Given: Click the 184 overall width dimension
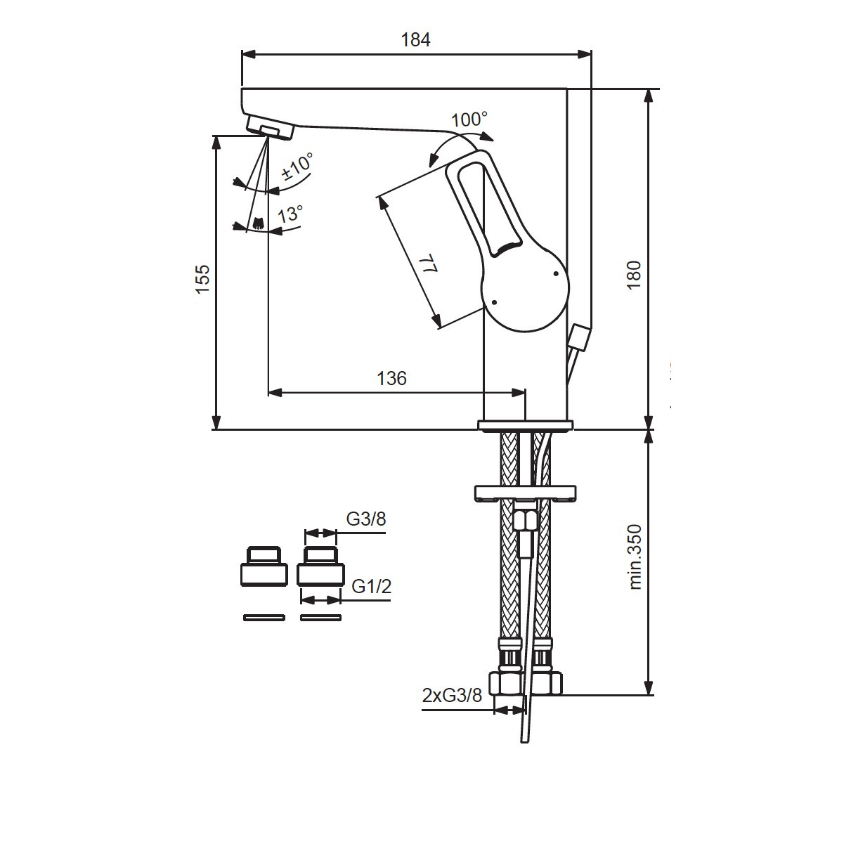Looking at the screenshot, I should click(415, 39).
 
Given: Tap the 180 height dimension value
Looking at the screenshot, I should click(634, 275).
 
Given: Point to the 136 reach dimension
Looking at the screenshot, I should click(391, 378).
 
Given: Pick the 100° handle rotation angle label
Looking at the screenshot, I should click(469, 119).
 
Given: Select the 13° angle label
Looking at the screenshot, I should click(290, 214).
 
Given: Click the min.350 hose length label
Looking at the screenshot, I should click(635, 557).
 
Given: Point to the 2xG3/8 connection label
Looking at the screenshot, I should click(452, 696).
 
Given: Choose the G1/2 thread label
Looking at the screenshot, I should click(371, 586).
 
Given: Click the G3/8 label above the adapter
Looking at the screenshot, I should click(366, 519).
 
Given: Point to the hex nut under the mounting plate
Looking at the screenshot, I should click(526, 521).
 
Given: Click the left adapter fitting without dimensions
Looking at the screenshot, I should click(264, 566).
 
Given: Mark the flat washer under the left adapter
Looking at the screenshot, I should click(264, 617).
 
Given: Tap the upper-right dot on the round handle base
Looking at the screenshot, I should click(556, 273).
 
